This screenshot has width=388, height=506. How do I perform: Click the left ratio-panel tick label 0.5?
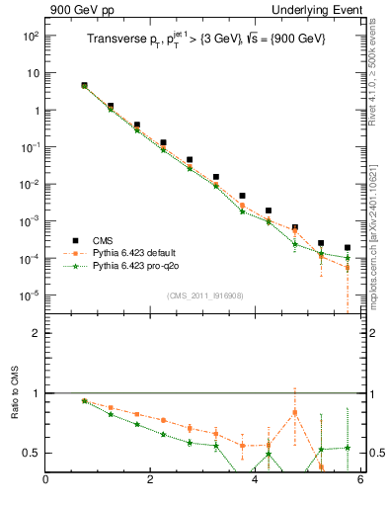click(32, 453)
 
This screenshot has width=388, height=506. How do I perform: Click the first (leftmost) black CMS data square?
click(84, 86)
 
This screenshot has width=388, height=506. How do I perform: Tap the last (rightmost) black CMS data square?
click(348, 248)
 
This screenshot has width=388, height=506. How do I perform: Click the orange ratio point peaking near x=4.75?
click(295, 412)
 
